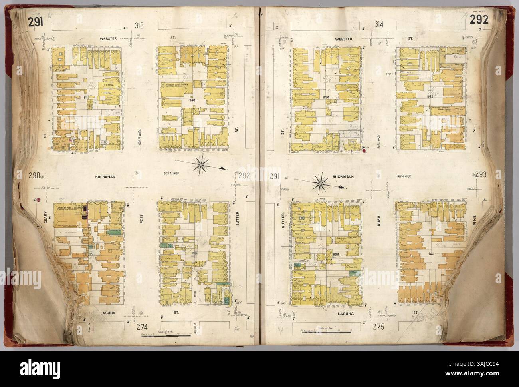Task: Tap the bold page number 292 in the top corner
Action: [480, 21]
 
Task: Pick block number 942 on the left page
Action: [87, 97]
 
